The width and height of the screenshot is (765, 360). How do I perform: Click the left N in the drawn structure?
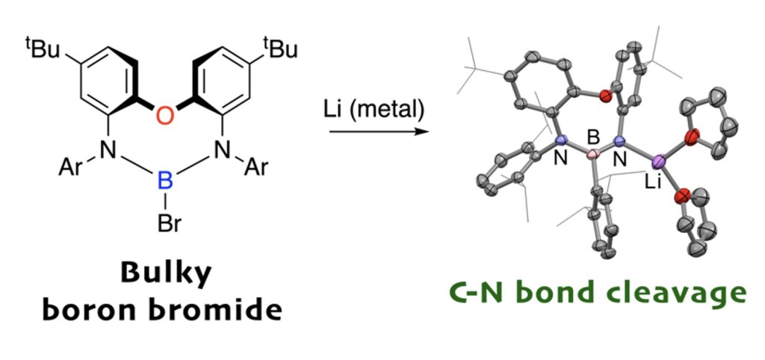[110, 152]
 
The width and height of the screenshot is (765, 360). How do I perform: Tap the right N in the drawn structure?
[222, 152]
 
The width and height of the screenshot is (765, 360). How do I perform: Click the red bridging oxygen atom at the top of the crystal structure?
[605, 96]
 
